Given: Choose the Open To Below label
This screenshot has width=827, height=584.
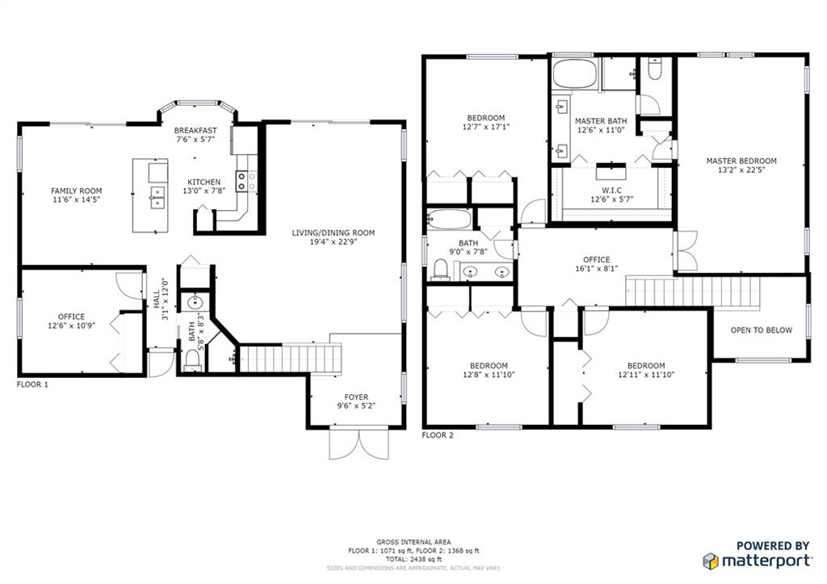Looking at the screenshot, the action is coord(761,330).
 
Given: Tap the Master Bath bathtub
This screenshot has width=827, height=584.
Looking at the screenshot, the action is coord(575,74).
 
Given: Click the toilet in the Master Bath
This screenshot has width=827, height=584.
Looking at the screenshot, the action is coord(654,69).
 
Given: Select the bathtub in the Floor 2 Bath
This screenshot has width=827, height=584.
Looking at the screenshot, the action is coord(449,219).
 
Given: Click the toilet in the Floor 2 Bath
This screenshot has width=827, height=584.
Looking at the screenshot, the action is coord(440,270).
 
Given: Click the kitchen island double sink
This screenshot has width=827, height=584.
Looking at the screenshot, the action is coord(157,197).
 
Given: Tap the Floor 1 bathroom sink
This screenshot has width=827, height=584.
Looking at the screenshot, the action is coord(195,302).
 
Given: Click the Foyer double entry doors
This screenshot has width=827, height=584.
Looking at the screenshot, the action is coord(359,443).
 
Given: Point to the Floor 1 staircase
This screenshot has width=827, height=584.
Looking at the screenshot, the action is coord(291,359).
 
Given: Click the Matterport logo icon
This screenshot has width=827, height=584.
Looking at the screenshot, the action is coord(711,561).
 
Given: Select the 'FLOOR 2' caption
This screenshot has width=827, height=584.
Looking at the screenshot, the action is coord(438,435).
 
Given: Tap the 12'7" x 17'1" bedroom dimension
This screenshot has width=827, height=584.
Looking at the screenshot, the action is coord(485,127).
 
